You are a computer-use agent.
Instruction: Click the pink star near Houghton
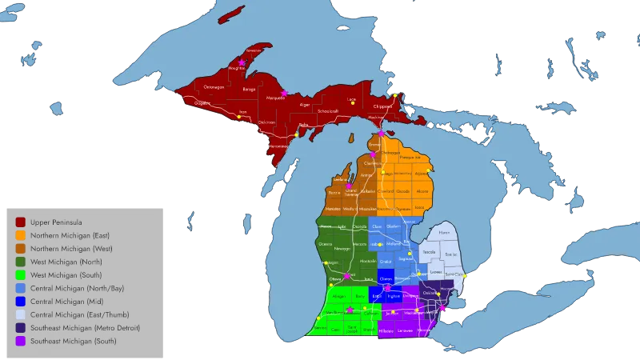click(242, 62)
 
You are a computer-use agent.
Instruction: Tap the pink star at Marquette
click(283, 93)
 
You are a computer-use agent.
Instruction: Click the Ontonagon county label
click(214, 86)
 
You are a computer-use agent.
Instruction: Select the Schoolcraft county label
click(328, 110)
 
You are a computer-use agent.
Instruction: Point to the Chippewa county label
click(382, 106)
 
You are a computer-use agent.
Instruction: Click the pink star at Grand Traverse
click(349, 186)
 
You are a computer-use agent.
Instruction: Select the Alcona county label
click(424, 191)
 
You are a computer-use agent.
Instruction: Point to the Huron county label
click(444, 233)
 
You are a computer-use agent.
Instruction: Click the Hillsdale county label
click(386, 330)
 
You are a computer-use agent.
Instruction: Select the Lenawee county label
click(406, 330)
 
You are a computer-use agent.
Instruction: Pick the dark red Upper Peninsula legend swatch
click(20, 222)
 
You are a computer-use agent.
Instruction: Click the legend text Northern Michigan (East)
click(70, 236)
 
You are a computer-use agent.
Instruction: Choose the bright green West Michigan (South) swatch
click(20, 275)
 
